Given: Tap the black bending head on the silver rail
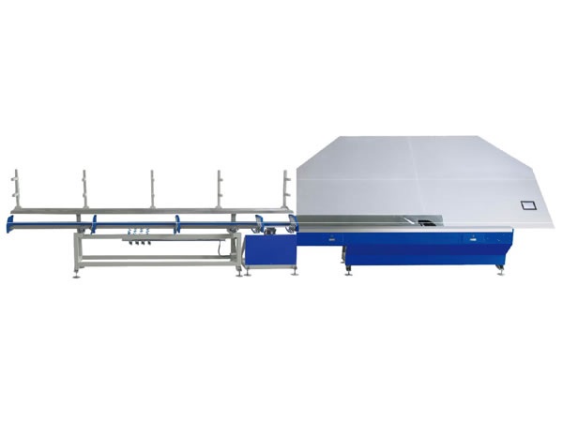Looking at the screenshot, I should tap(428, 222).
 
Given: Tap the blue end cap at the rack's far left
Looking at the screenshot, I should tap(8, 223).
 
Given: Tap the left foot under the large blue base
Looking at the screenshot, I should tap(348, 269).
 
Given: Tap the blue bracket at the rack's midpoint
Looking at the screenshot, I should tap(176, 223).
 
